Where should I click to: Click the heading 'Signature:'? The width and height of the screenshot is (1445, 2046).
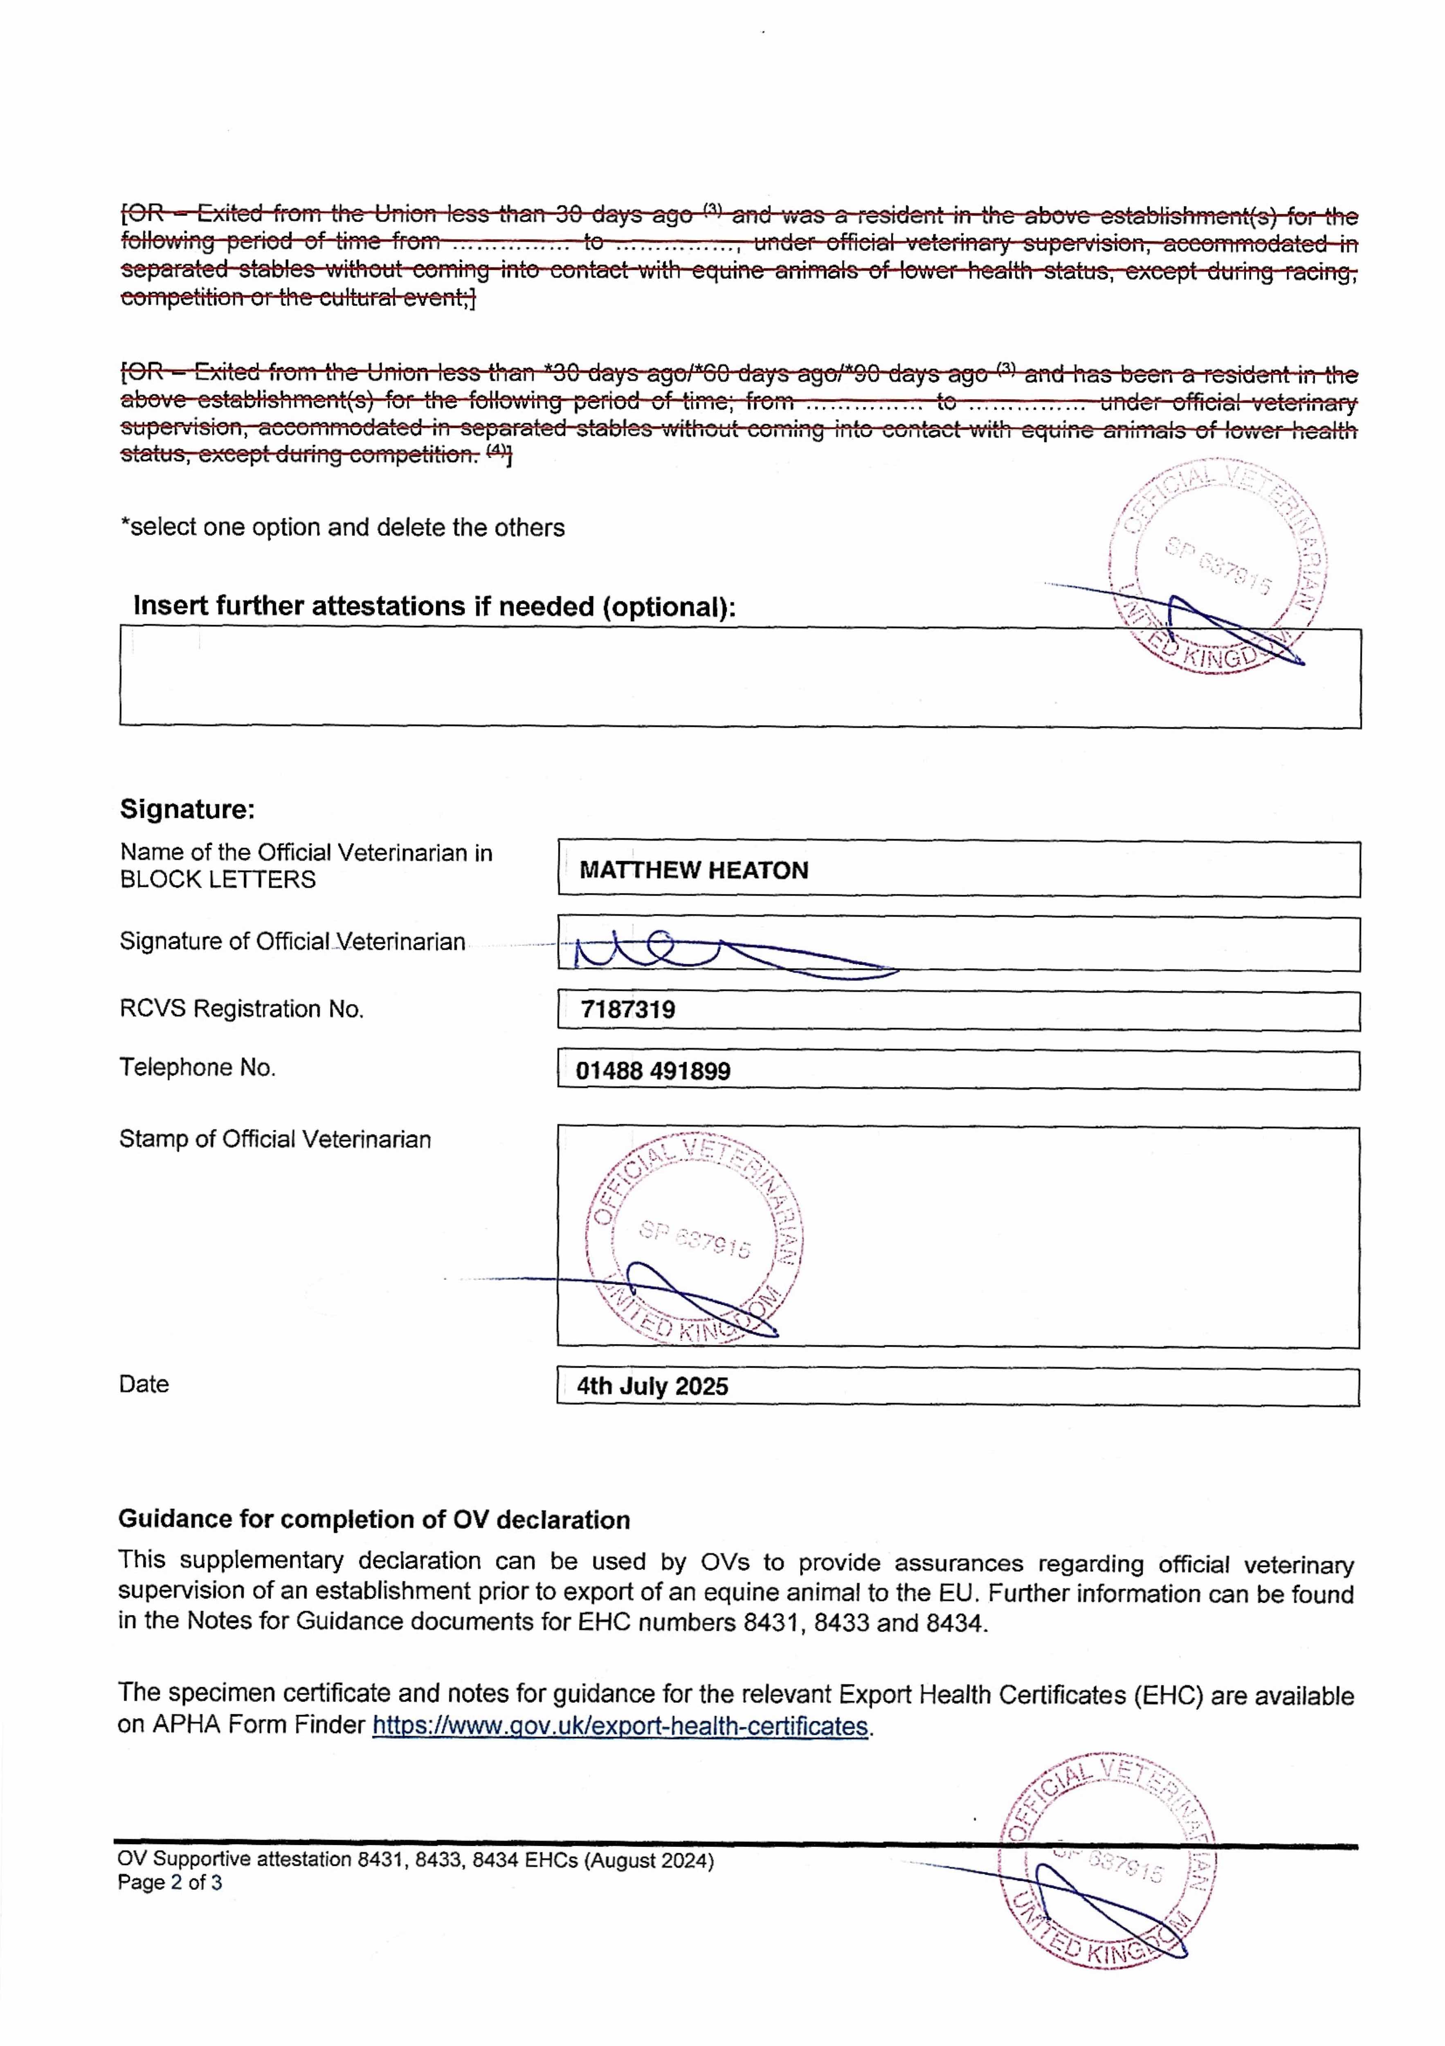click(187, 809)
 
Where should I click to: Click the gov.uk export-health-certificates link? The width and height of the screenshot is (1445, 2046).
click(620, 1726)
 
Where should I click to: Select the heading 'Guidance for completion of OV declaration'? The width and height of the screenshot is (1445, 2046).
click(374, 1519)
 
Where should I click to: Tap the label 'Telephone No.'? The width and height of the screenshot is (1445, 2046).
click(198, 1068)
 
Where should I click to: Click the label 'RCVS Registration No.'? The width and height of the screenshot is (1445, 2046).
click(241, 1009)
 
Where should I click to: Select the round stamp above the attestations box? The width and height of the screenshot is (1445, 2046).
click(1217, 567)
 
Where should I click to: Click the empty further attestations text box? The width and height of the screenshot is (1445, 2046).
click(624, 677)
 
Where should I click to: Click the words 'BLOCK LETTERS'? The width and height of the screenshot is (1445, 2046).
click(217, 879)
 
